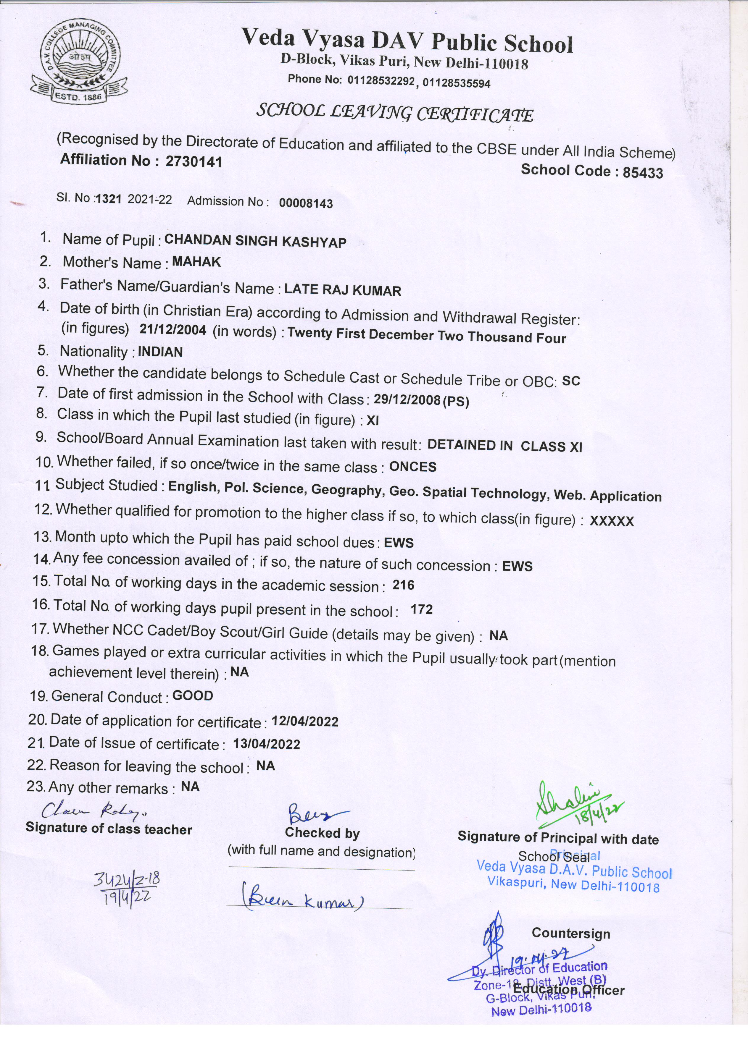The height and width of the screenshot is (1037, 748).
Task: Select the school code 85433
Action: (x=642, y=172)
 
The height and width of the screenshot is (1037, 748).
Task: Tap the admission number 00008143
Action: (x=306, y=203)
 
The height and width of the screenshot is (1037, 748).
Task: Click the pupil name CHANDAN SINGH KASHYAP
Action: (x=255, y=241)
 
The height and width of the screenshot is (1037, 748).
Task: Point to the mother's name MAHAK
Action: (x=196, y=262)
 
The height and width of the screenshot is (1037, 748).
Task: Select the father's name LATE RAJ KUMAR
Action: (x=342, y=290)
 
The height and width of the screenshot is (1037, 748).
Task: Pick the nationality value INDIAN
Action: (x=160, y=352)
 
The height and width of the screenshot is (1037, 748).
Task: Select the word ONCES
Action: (x=413, y=467)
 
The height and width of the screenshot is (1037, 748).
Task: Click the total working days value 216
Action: (x=403, y=585)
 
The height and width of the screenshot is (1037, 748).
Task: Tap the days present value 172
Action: (x=421, y=609)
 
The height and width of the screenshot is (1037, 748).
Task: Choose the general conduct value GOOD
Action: (x=193, y=696)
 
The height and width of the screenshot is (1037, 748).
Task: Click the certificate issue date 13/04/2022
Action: (x=266, y=744)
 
